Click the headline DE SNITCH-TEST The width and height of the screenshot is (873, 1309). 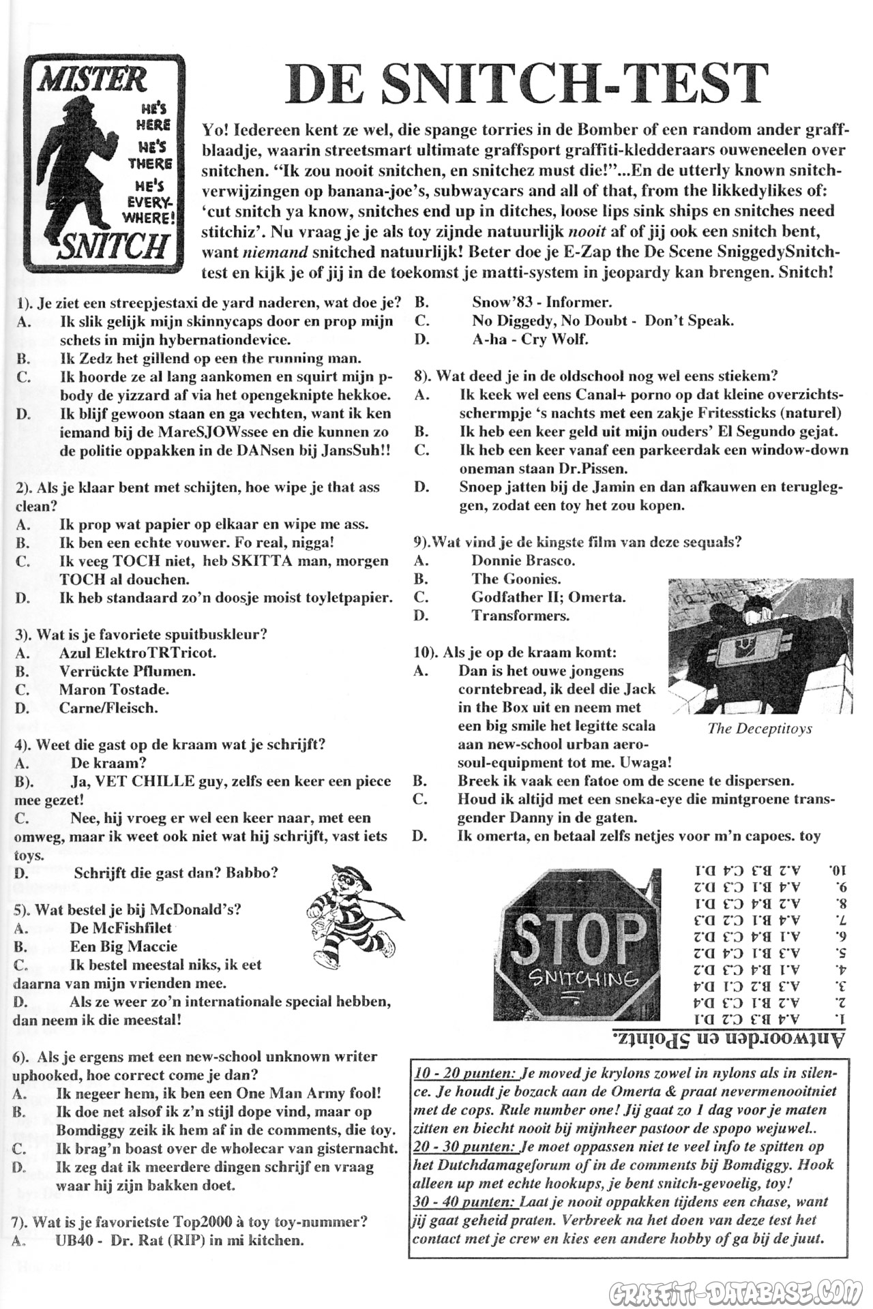(527, 84)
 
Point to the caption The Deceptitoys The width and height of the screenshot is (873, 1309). (760, 728)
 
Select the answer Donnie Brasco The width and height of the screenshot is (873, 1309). (523, 561)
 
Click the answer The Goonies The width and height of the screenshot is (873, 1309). (516, 580)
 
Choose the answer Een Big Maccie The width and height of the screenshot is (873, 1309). (123, 946)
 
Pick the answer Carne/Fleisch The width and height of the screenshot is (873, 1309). (108, 708)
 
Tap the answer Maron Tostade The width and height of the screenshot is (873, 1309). (114, 689)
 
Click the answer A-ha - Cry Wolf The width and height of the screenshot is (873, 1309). (530, 339)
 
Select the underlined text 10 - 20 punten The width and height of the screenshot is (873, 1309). (465, 1072)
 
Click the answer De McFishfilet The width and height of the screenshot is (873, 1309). (121, 928)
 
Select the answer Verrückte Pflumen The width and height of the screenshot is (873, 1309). (128, 671)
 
